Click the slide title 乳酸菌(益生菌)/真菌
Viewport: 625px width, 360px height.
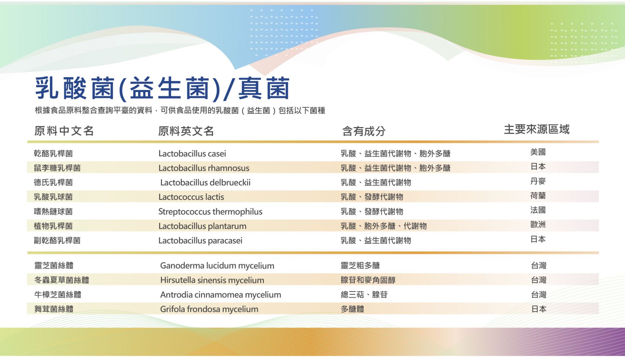(x=162, y=88)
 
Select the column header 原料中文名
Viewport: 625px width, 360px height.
(x=64, y=131)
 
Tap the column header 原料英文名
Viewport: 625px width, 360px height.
(x=186, y=131)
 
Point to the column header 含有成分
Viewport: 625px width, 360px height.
(x=364, y=131)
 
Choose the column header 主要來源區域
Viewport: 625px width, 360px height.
(x=536, y=129)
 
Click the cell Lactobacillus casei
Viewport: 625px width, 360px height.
(x=192, y=154)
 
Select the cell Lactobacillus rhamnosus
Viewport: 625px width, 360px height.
(x=204, y=168)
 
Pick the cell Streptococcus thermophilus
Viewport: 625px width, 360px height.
(x=210, y=212)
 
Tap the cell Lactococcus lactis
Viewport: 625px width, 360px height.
(x=191, y=197)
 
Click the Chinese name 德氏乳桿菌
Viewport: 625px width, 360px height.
(x=53, y=183)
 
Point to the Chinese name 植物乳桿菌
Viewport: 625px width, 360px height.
(x=53, y=226)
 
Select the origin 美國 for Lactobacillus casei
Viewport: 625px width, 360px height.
(x=538, y=152)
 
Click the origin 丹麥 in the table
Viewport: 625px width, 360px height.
(x=538, y=181)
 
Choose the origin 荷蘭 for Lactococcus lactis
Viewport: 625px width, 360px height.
(x=538, y=195)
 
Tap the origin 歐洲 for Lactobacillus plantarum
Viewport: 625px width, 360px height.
(x=538, y=225)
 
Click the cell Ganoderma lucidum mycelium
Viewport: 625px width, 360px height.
(x=217, y=266)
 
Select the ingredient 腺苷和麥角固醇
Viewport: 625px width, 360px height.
(x=368, y=280)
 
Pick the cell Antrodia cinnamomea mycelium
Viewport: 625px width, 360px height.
(x=221, y=295)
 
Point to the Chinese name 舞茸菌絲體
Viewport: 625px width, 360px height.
(x=54, y=309)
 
